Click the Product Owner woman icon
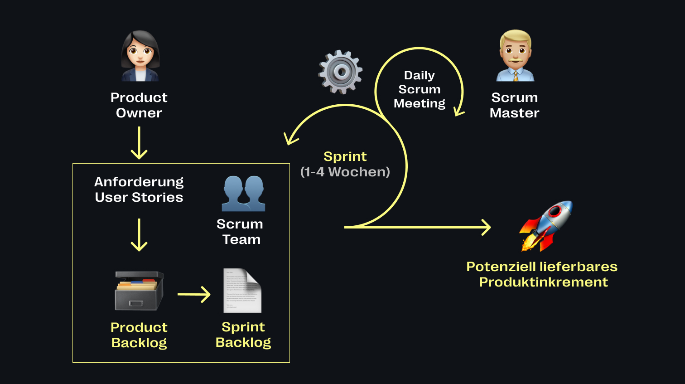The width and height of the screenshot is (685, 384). coord(140,56)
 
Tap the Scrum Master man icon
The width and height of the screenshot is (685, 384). coord(515,56)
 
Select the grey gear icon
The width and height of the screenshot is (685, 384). coord(341,72)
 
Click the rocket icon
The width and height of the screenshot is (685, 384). coord(546,226)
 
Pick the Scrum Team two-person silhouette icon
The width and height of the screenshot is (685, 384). coord(243,194)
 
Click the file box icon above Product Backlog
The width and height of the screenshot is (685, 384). coord(139,291)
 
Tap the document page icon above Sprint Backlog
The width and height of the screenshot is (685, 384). coord(242,291)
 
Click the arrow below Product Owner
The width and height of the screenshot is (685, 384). coord(139,143)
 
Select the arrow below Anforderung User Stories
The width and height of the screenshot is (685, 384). coord(139,235)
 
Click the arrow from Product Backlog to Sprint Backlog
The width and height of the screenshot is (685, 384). coord(194,294)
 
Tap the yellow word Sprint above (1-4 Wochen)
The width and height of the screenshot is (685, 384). coord(345,156)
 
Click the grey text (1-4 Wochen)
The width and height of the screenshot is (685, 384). coord(345,172)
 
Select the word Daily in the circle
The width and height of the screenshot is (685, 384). coord(419,75)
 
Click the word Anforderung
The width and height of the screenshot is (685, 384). coord(139,182)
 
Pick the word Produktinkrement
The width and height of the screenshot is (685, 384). coord(543,282)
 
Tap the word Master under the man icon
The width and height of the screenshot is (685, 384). coord(514,113)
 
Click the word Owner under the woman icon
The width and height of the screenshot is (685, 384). coord(139,113)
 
